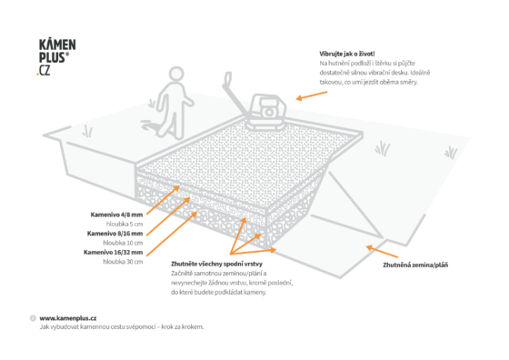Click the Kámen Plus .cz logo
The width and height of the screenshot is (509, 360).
56,57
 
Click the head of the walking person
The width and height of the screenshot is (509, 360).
176,74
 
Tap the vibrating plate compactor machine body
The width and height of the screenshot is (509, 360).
266,111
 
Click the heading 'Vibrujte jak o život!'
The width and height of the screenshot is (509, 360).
347,54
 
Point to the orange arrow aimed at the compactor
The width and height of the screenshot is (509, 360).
312,95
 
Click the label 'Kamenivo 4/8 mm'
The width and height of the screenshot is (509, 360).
116,215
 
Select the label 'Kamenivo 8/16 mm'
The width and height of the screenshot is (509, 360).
115,234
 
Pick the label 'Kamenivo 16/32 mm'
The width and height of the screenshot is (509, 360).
114,252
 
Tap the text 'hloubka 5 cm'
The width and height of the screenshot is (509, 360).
125,224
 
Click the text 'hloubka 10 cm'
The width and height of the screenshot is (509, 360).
123,243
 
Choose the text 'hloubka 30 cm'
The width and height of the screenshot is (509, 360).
123,262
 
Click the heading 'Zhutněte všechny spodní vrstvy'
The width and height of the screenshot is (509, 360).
216,264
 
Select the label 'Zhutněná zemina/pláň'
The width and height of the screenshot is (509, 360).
415,265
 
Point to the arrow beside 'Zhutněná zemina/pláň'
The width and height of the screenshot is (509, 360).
382,252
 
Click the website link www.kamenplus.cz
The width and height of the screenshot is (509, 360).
68,318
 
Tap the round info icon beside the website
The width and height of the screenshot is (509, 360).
33,318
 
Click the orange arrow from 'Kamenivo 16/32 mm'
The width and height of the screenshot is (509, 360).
172,234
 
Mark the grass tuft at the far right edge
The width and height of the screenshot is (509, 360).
451,153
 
